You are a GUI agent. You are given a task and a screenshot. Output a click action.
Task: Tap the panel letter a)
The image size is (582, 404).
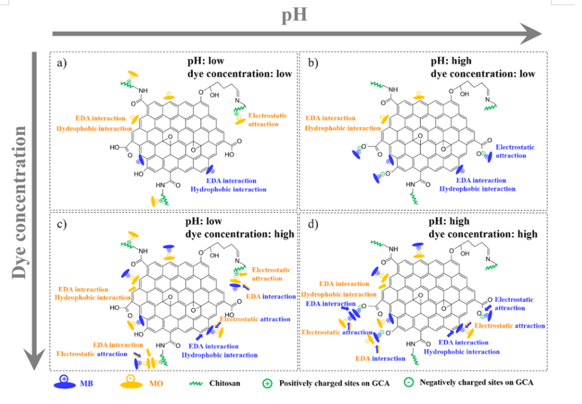point(63,62)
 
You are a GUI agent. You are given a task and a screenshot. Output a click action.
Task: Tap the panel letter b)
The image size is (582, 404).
point(313,62)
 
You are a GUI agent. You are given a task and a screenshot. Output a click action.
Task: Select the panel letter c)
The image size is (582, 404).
point(63,222)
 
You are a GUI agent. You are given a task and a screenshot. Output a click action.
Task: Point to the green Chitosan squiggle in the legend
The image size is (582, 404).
point(197,383)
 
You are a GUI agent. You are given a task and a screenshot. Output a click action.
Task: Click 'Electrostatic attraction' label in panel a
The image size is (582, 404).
point(267,119)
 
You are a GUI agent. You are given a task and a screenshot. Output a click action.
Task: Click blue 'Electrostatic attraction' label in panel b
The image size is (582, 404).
point(514,151)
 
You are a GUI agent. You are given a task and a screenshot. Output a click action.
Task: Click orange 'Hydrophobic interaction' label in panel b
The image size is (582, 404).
point(343,128)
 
